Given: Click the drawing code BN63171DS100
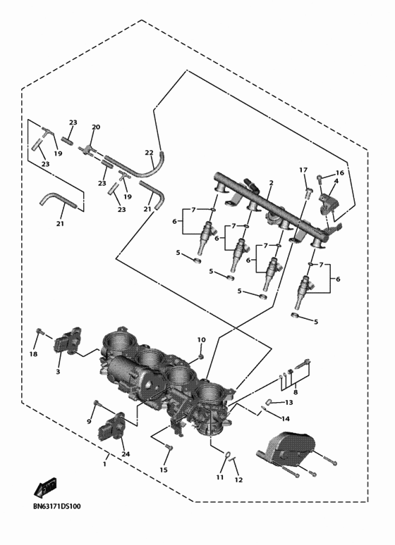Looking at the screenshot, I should (56, 506).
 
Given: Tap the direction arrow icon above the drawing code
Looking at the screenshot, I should (44, 487).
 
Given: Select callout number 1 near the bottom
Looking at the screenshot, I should (105, 463).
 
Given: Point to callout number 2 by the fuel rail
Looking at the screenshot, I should (271, 182).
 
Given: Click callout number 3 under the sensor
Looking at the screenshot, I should (59, 371).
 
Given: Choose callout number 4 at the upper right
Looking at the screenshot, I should (336, 181).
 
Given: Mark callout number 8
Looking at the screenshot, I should (296, 392).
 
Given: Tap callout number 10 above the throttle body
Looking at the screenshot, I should (201, 340).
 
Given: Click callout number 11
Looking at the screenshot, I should (219, 477).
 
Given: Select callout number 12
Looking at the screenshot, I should (238, 480).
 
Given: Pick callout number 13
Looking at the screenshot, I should (288, 403).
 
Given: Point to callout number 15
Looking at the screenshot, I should (164, 470).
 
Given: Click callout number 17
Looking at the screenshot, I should (303, 170).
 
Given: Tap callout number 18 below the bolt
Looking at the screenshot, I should (33, 354).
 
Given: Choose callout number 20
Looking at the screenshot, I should (96, 127).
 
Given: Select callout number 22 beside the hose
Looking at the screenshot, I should (149, 153).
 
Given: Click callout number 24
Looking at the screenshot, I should (126, 454).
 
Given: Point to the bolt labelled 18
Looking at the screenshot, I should (40, 331).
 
